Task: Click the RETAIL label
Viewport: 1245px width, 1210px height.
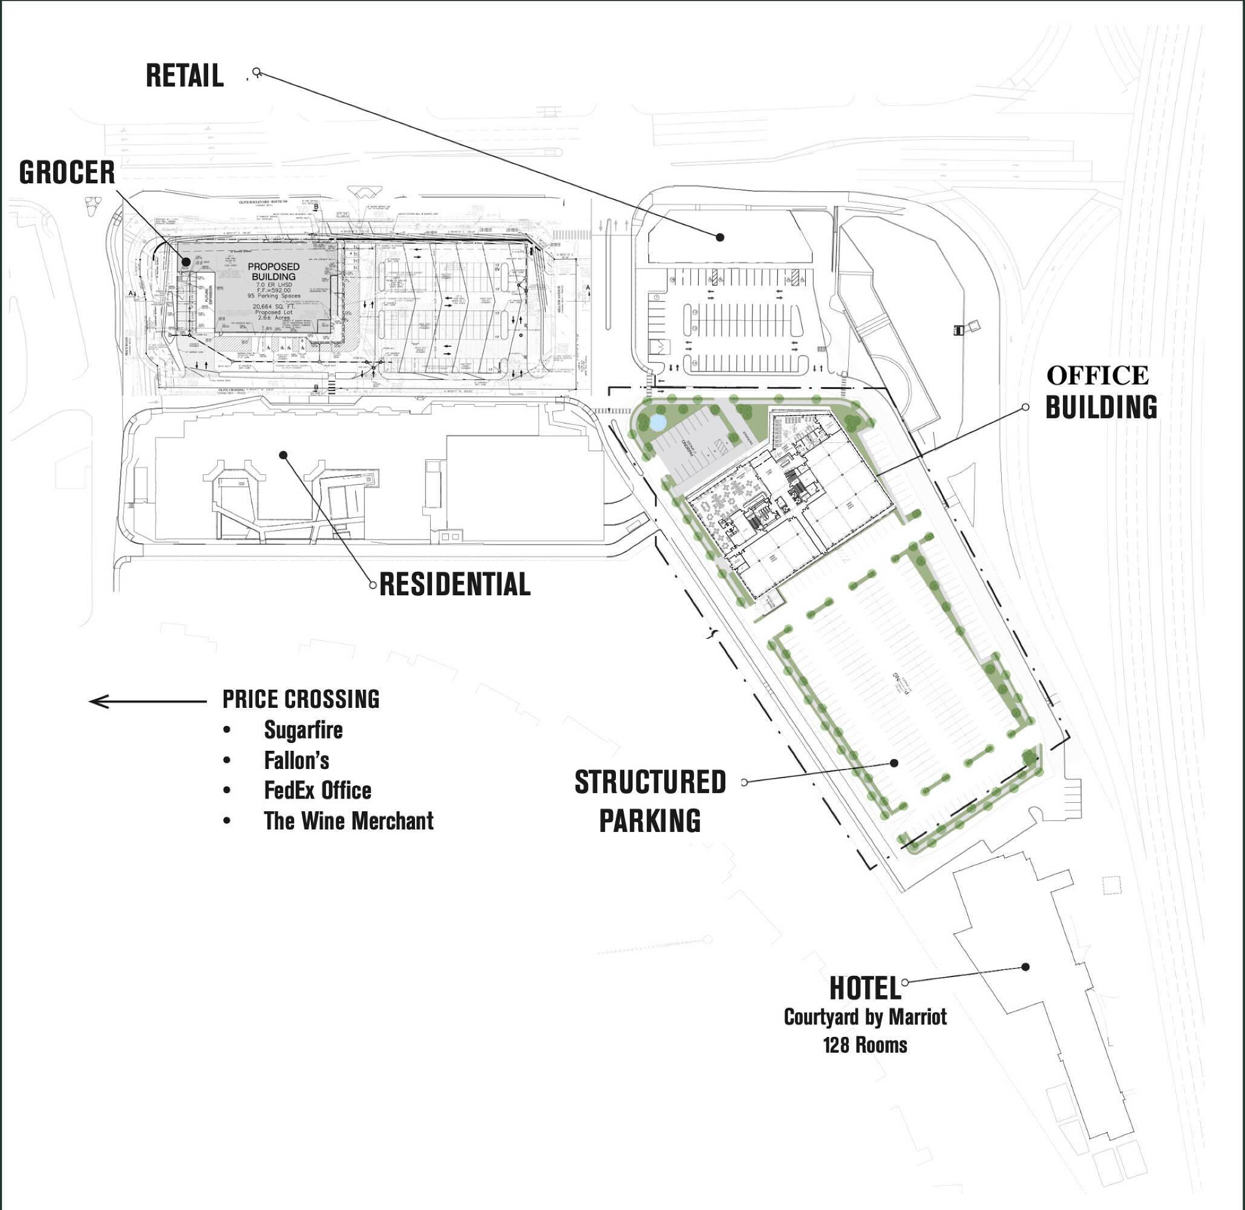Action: [x=185, y=76]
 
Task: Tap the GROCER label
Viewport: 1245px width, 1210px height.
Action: [x=67, y=173]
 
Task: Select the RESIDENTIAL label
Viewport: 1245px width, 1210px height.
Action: [x=454, y=584]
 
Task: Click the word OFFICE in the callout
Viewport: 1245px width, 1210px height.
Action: [x=1097, y=376]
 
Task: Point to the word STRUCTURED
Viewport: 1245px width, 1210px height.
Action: [x=650, y=782]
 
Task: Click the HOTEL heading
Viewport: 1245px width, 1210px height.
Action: [x=865, y=988]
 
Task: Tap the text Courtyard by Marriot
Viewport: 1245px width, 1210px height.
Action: [x=865, y=1017]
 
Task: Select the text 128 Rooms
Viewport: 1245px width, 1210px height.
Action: [x=865, y=1045]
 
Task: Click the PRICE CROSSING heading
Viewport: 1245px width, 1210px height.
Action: [x=301, y=699]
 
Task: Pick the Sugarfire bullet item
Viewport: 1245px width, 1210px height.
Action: [x=303, y=730]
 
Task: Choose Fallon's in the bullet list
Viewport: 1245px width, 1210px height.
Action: [x=296, y=760]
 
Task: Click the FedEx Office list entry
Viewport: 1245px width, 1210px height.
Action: [x=318, y=791]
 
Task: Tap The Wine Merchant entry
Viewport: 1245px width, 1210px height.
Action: [x=348, y=821]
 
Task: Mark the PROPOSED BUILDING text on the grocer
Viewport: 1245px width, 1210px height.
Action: [x=273, y=272]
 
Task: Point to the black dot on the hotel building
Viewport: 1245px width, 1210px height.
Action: [x=1025, y=967]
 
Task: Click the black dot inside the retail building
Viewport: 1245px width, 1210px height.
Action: [x=720, y=237]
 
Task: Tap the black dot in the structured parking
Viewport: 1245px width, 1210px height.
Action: [x=894, y=763]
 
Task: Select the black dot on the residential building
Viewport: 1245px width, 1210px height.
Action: [x=284, y=455]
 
